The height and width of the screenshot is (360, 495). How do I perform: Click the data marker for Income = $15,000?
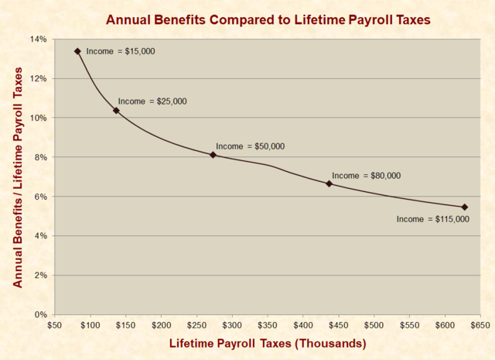click(x=77, y=51)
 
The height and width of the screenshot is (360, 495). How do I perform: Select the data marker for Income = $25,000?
click(x=116, y=111)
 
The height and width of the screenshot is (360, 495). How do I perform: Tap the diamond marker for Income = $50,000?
click(x=213, y=155)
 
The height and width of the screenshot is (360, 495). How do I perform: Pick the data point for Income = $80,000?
click(x=329, y=183)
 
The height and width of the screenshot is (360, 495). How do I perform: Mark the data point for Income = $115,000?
click(x=464, y=207)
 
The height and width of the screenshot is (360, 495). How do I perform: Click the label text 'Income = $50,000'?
click(x=250, y=146)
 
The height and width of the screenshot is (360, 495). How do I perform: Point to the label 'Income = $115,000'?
click(x=432, y=219)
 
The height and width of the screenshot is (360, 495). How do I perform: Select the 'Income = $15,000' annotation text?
click(x=120, y=51)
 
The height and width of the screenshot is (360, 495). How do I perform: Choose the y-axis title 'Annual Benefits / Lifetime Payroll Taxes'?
click(x=17, y=177)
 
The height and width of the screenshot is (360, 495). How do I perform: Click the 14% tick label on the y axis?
click(x=38, y=39)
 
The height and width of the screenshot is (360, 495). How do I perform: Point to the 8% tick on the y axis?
click(x=40, y=157)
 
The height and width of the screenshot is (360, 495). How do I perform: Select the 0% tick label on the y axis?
click(x=40, y=314)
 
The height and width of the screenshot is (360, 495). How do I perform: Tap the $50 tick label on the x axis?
click(x=54, y=325)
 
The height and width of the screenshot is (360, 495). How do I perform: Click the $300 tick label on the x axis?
click(x=231, y=325)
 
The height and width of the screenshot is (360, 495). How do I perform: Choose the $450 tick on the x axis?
click(x=338, y=325)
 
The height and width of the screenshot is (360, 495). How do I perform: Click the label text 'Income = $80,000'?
click(x=366, y=176)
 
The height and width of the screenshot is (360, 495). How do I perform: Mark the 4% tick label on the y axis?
click(x=40, y=236)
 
